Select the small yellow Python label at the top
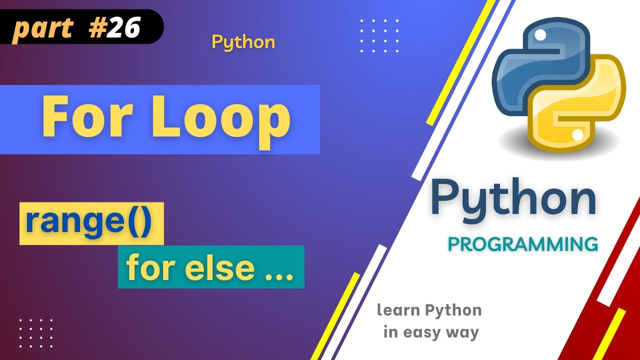(243, 42)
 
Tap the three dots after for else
(278, 275)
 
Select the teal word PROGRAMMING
(523, 244)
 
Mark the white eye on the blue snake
(540, 34)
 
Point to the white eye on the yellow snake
(577, 134)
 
